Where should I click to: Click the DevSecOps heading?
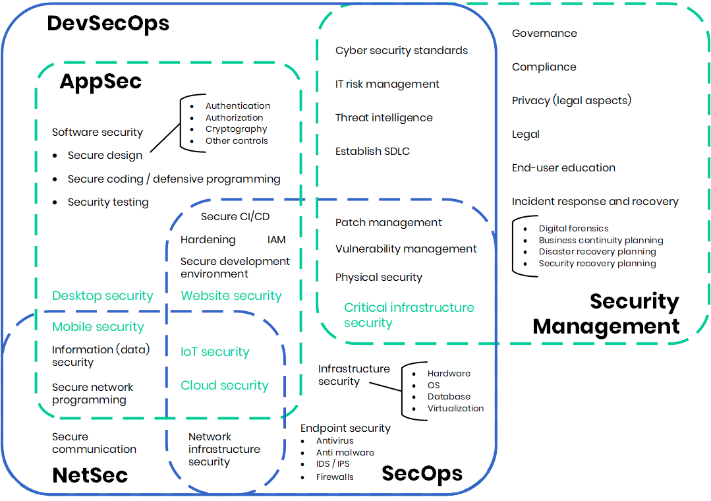point(108,24)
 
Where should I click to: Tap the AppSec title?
point(100,81)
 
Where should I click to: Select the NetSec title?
point(90,475)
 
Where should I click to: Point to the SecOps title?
point(422,473)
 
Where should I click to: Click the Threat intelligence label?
point(384,118)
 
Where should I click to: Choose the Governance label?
point(544,34)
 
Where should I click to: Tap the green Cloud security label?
point(225,386)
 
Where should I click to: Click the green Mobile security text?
point(98,327)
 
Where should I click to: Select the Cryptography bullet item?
point(236,129)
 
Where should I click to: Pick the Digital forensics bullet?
point(573,229)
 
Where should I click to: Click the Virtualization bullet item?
point(455,408)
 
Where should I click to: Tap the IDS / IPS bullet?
point(333,464)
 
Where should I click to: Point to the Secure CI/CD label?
point(235,217)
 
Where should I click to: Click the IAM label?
point(277,240)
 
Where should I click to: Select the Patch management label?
point(388,223)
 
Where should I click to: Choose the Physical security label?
point(378,278)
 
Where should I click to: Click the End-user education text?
point(563,168)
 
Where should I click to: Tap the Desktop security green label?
point(102,296)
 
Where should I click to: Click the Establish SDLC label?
point(372,152)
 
